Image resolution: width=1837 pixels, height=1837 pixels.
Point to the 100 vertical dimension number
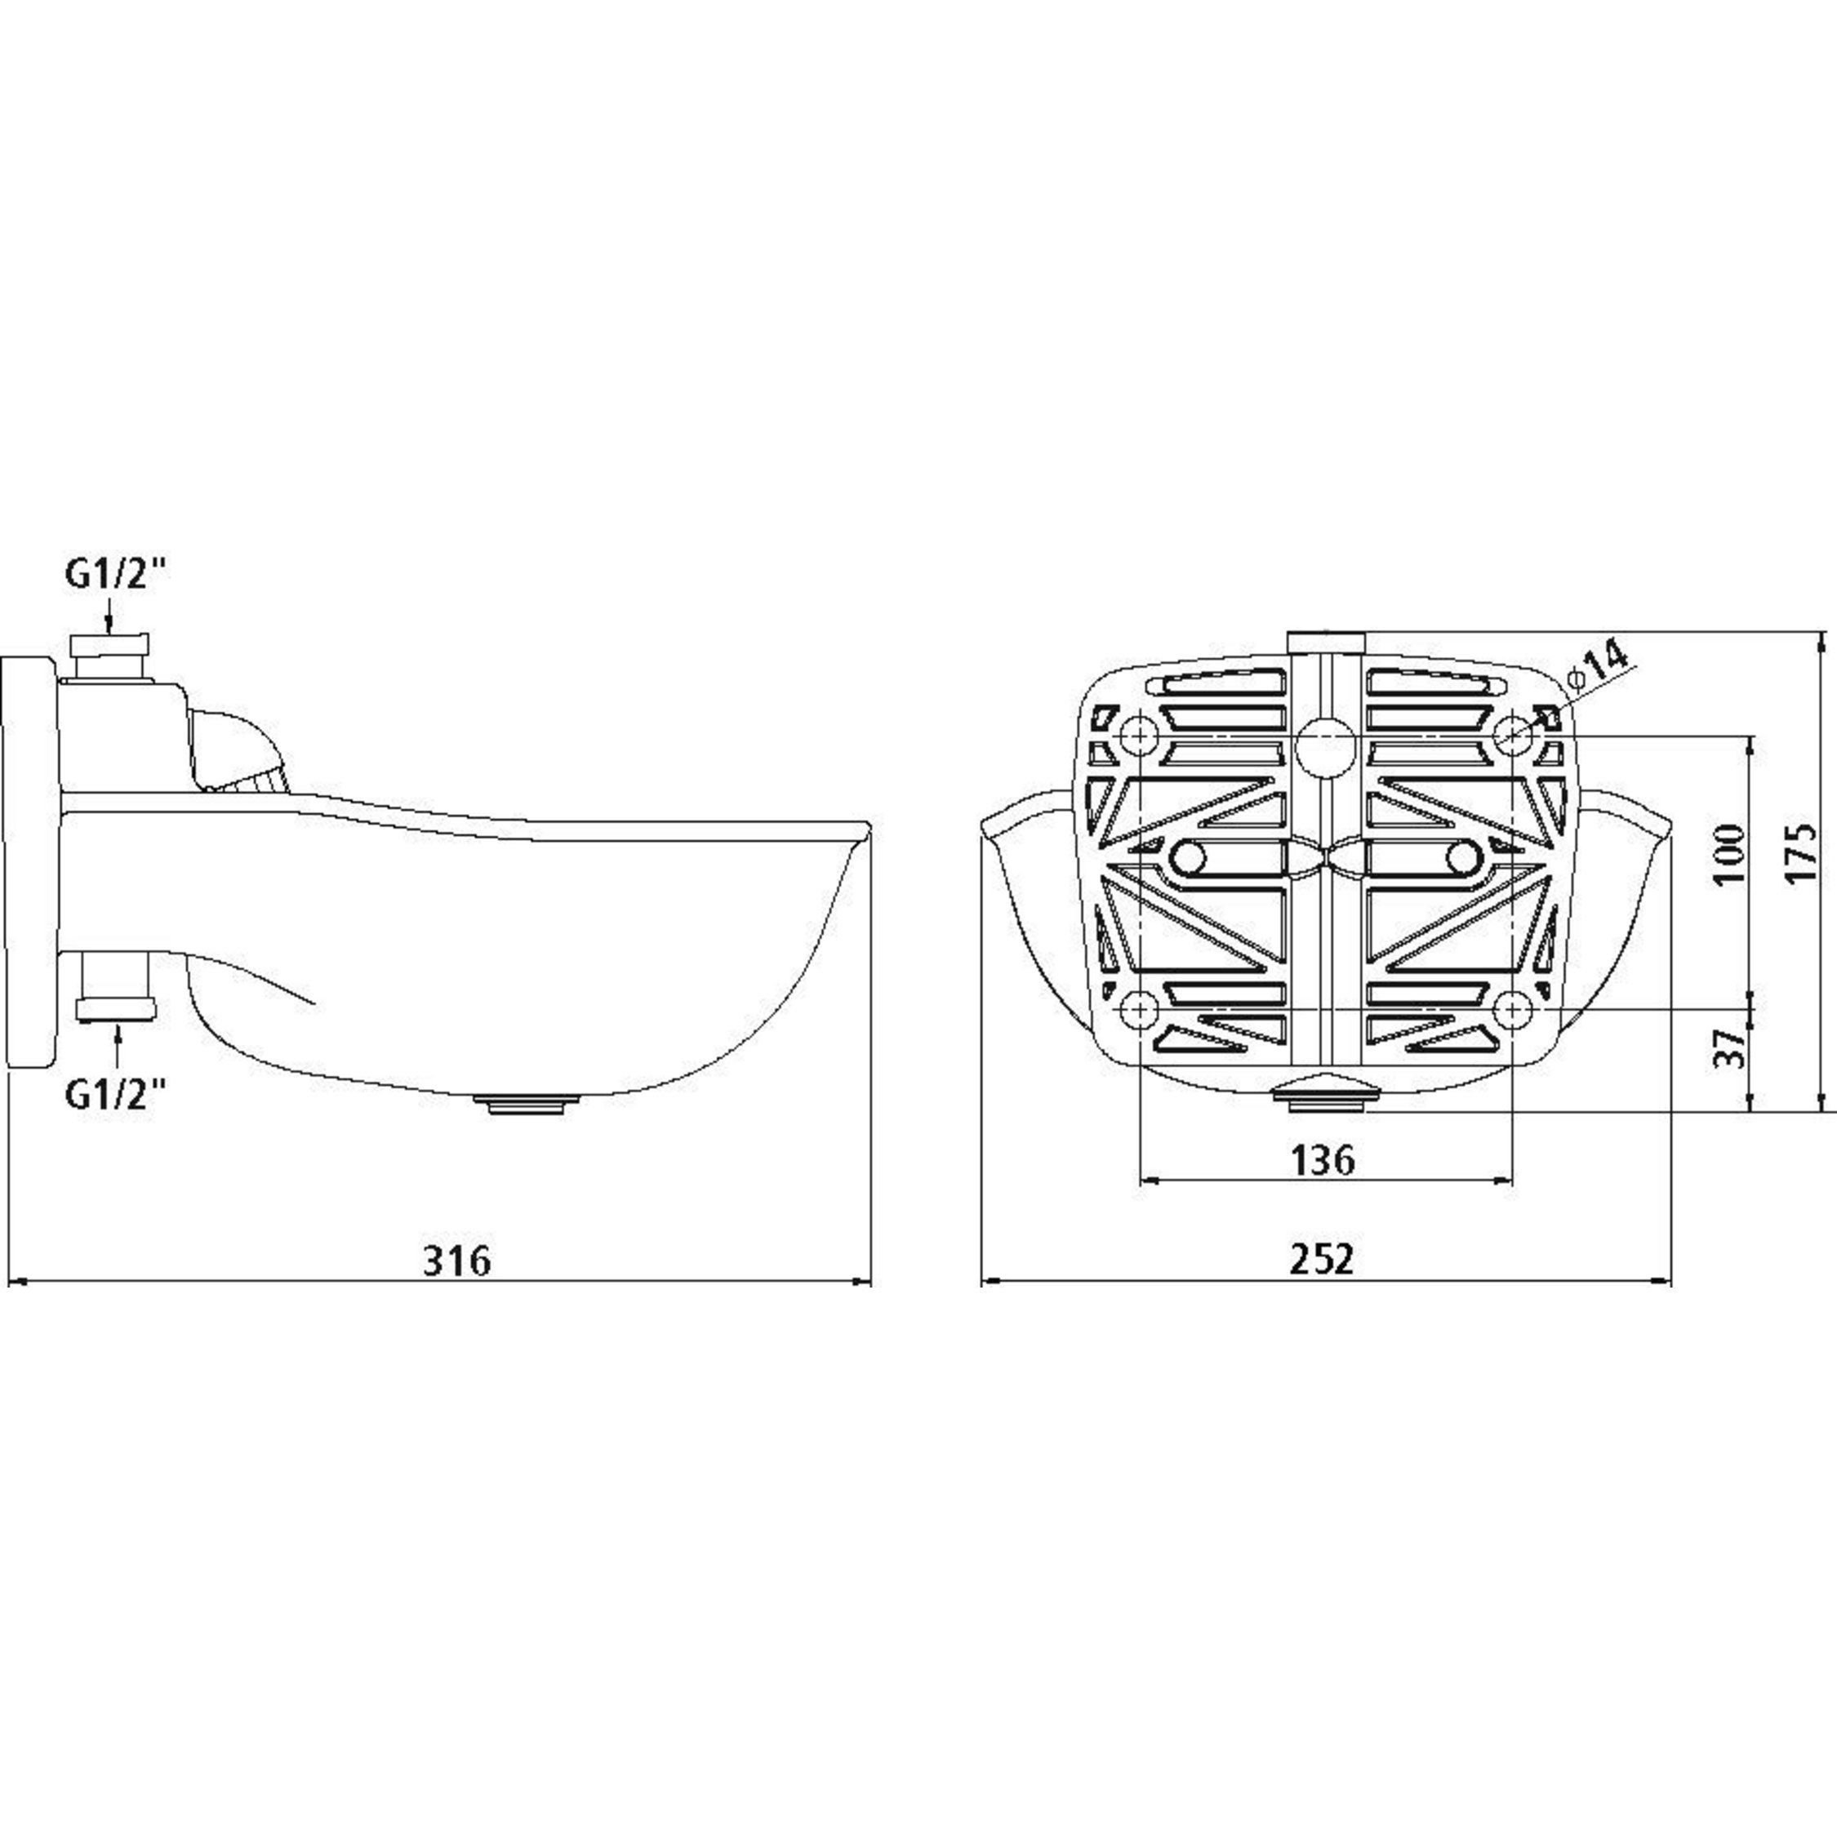point(1731,853)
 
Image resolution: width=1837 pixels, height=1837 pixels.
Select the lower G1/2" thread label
point(115,1096)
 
